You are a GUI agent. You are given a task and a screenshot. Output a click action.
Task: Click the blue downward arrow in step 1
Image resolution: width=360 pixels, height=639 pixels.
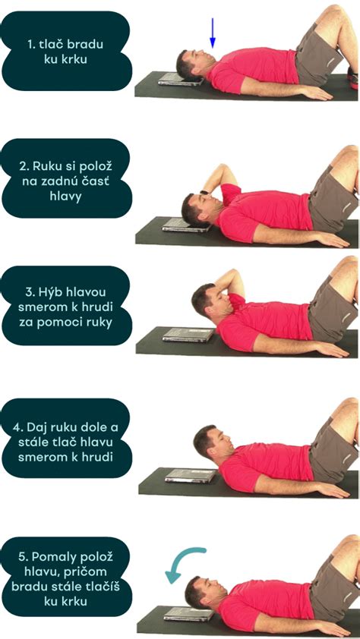click(x=213, y=32)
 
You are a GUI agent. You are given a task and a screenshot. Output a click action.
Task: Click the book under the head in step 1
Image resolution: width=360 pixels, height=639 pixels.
click(x=179, y=80)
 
